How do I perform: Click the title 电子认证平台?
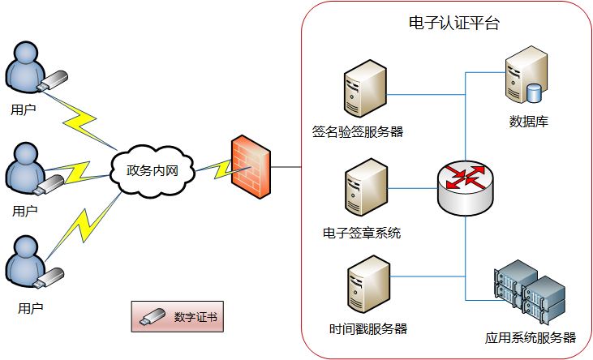point(453,23)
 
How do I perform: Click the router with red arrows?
point(464,186)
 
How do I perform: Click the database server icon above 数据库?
point(524,79)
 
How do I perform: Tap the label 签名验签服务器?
point(358,131)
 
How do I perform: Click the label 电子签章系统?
point(361,234)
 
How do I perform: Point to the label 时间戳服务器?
point(368,329)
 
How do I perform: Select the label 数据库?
point(528,122)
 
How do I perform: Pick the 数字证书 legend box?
point(177,317)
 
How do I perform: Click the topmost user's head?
point(26,56)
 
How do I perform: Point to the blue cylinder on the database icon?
point(534,92)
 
